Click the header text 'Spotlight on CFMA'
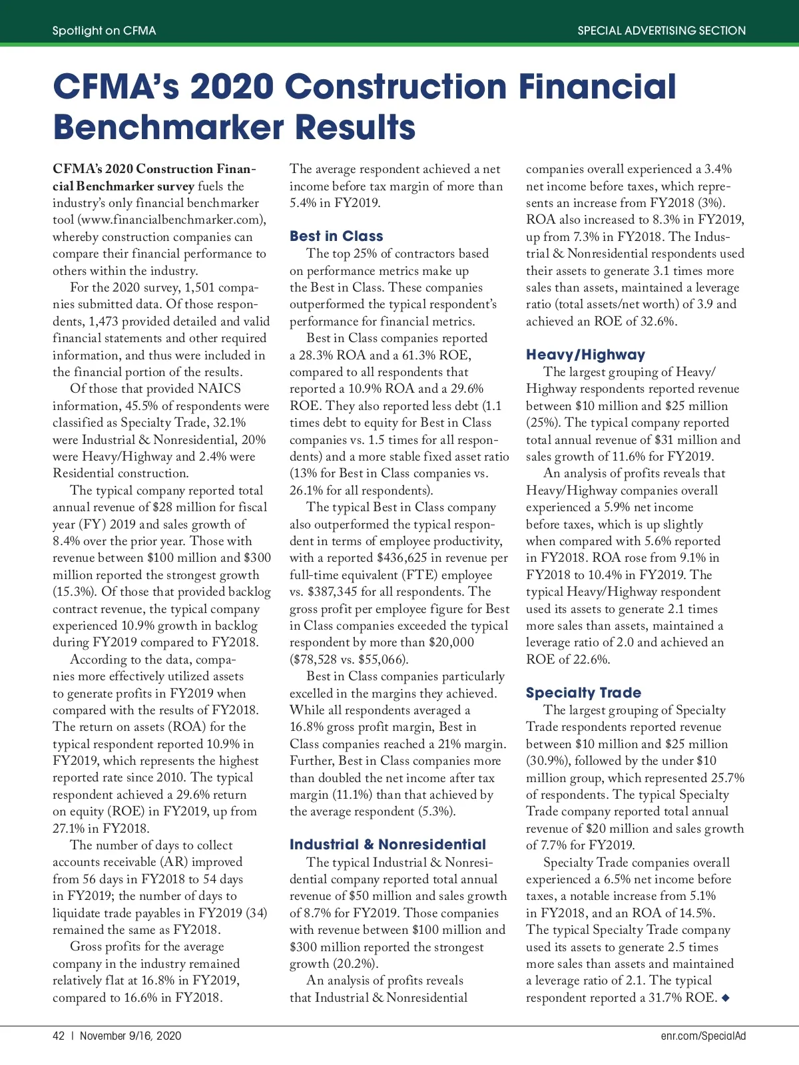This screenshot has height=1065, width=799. point(104,31)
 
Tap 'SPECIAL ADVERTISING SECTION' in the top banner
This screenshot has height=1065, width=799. point(661,31)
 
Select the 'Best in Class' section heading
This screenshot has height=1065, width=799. point(336,236)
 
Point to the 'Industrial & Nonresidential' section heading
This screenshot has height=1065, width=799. point(388,845)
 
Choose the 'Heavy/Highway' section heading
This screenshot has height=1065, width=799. point(585,355)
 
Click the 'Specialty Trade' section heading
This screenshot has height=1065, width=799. point(583,693)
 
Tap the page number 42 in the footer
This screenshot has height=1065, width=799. point(59,1036)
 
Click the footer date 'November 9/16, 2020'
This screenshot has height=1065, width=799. point(131,1036)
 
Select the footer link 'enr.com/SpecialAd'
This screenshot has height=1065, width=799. point(703,1036)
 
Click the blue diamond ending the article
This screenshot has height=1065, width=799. point(726,997)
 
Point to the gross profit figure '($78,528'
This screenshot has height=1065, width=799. point(314,660)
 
